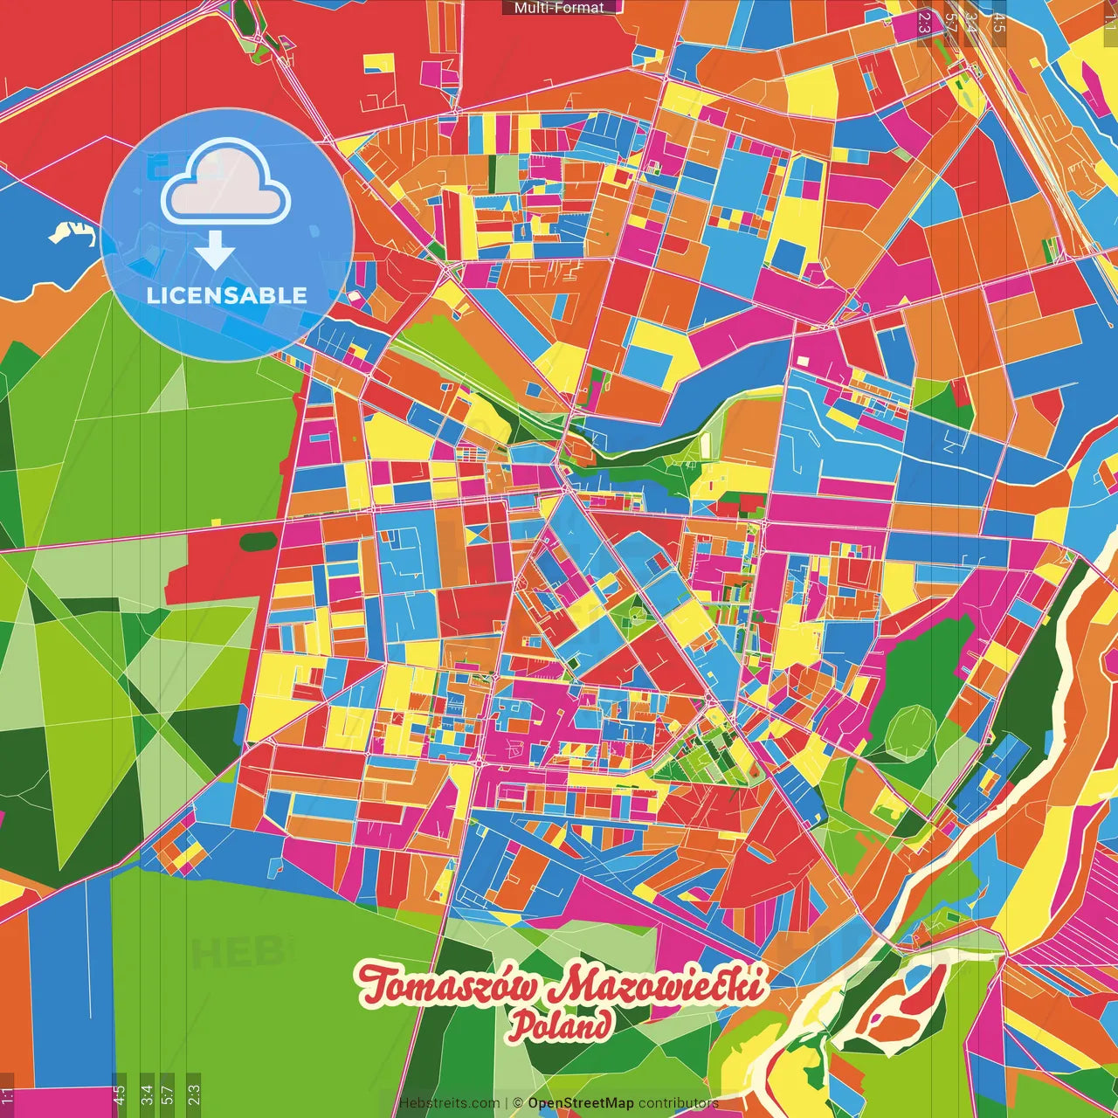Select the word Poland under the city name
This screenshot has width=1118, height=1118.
click(560, 1025)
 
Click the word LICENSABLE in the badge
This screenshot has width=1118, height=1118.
click(227, 295)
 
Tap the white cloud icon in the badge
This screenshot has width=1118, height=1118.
click(226, 185)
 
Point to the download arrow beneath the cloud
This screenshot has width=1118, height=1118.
click(215, 252)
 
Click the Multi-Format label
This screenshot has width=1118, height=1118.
click(559, 8)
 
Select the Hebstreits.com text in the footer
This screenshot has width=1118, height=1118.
click(449, 1103)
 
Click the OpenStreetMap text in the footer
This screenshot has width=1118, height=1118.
click(580, 1103)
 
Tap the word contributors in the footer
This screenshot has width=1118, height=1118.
click(678, 1103)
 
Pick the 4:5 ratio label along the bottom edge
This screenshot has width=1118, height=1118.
click(119, 1093)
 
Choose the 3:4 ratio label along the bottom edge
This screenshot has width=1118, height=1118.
click(147, 1093)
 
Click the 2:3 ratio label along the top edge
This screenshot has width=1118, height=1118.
click(924, 22)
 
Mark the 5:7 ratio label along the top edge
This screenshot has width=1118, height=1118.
click(950, 22)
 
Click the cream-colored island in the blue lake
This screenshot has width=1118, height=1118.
click(70, 231)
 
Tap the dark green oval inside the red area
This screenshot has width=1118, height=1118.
click(259, 542)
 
